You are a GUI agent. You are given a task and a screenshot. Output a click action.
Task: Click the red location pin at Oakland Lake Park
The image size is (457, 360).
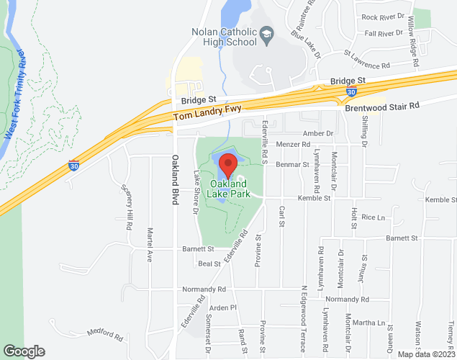(228, 165)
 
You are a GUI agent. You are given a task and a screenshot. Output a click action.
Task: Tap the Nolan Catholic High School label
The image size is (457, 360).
(225, 37)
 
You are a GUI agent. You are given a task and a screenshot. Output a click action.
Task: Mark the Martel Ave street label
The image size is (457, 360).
(150, 245)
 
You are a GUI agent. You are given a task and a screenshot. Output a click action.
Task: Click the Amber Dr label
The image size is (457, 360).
(319, 133)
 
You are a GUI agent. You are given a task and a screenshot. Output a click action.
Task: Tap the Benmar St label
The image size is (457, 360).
(291, 164)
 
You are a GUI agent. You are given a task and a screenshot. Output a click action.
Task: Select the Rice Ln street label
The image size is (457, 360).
(374, 217)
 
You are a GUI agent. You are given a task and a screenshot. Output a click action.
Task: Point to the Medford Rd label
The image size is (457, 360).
(101, 335)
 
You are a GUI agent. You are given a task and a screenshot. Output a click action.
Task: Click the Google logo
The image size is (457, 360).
(23, 351)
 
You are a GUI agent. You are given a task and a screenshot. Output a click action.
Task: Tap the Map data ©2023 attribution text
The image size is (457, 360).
(427, 354)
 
